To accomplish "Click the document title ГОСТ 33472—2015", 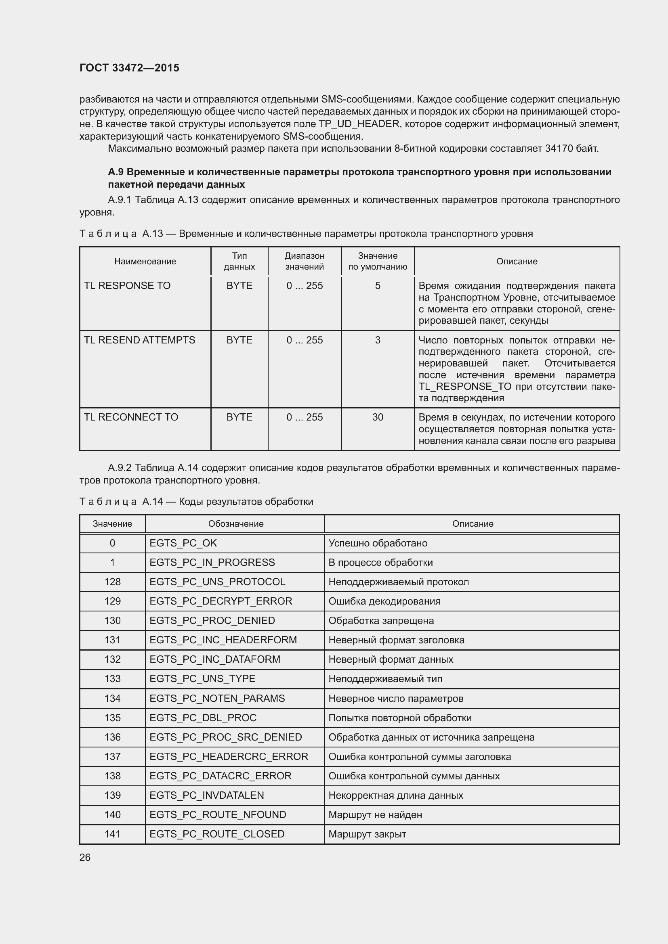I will pos(129,68).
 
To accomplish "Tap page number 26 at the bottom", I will pos(85,857).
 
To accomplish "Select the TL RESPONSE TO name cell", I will pos(127,286).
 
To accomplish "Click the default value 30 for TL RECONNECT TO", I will pos(378,417).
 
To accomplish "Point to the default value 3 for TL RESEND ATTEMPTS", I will pos(378,340).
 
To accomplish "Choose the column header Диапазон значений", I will pos(305,261).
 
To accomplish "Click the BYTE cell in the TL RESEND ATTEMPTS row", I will pos(239,340).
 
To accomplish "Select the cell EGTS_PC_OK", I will pos(183,543).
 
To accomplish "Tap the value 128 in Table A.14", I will pos(112,582).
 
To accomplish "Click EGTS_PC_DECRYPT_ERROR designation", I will pos(221,601).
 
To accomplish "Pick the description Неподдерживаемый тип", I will pos(385,678).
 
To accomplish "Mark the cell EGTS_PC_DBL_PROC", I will pos(203,718).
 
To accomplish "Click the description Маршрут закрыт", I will pos(367,834).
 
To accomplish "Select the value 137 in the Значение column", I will pos(112,756).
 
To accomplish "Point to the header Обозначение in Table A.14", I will pos(236,524).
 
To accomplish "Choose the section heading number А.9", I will pos(116,172).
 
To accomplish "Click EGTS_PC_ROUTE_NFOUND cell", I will pos(218,814).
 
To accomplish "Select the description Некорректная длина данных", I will pos(396,795).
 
